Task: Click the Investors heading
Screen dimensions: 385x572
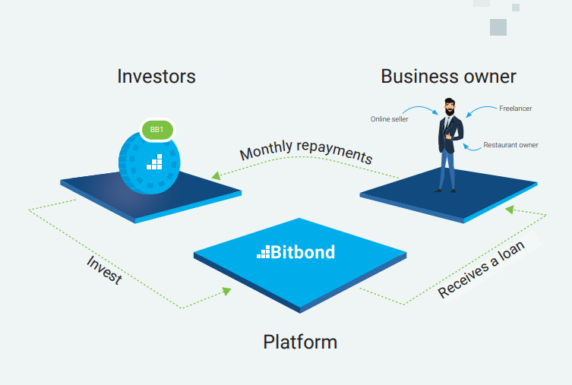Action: [x=156, y=77]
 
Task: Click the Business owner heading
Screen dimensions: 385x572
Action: [x=448, y=77]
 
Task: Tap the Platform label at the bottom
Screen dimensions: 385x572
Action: [x=300, y=342]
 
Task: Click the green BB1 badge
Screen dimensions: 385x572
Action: [x=157, y=130]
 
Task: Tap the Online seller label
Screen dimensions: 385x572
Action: [x=390, y=119]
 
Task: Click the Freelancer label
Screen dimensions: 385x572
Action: [x=516, y=109]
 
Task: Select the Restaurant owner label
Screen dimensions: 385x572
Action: [x=510, y=145]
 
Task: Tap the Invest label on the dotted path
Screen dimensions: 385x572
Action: [x=104, y=270]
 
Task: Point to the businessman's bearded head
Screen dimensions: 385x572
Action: [x=449, y=108]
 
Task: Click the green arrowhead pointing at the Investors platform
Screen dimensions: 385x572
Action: [x=216, y=175]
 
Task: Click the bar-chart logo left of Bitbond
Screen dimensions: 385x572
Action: [x=263, y=252]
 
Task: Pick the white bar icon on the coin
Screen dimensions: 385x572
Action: [x=155, y=163]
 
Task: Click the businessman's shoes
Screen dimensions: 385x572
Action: [x=447, y=190]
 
